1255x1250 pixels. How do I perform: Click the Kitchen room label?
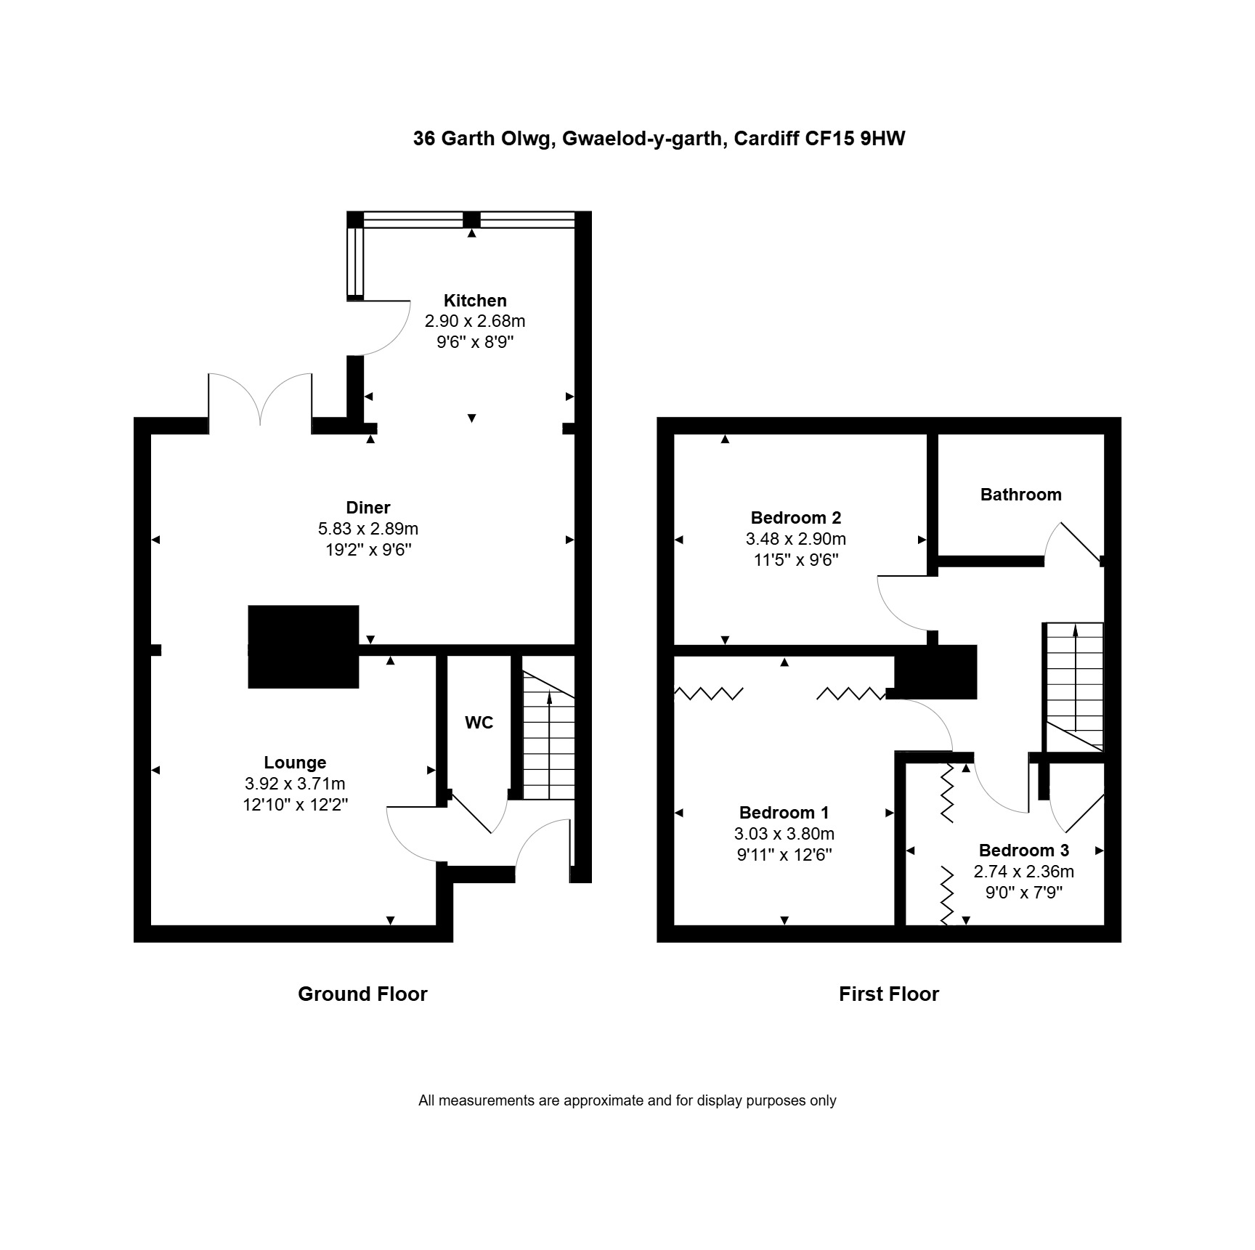coord(475,301)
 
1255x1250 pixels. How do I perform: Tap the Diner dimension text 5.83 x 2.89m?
coord(368,529)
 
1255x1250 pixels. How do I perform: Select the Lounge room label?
coord(295,763)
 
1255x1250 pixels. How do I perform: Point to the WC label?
coord(479,723)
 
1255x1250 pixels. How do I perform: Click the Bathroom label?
coord(1021,495)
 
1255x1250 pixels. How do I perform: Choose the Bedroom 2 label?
coord(796,518)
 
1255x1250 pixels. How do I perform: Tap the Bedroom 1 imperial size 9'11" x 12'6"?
coord(784,855)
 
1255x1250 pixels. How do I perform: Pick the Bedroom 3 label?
coord(1024,851)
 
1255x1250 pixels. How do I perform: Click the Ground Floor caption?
coord(362,994)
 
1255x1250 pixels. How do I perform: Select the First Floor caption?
coord(889,994)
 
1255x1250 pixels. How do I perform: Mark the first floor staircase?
coord(1074,686)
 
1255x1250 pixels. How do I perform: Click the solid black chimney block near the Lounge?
coord(304,646)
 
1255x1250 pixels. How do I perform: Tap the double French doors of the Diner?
coord(261,399)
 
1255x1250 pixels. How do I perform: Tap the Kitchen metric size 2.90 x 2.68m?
coord(475,321)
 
